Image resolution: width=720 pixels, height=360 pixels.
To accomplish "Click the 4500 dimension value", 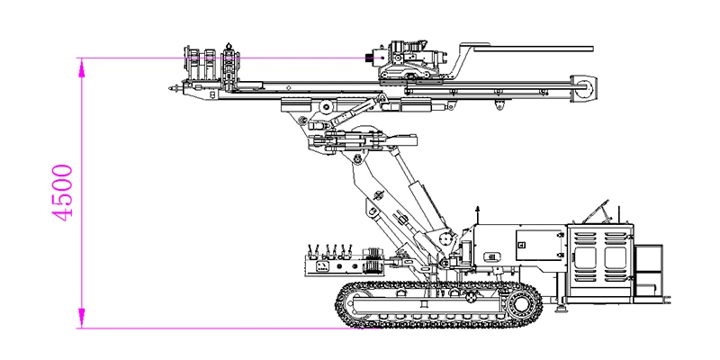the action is coord(62,193).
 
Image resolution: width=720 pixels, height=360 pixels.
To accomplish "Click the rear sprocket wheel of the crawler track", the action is coord(522,303).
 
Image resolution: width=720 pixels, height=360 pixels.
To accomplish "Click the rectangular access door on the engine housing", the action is coord(538,246).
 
